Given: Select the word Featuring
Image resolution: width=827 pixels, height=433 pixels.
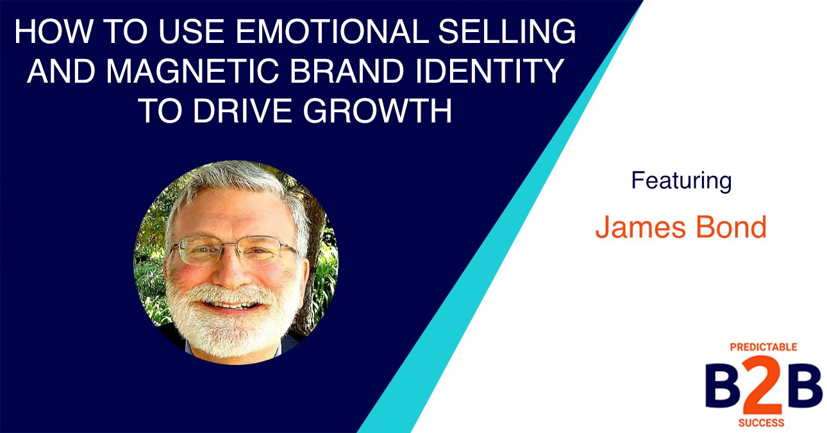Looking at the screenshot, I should click(x=681, y=182).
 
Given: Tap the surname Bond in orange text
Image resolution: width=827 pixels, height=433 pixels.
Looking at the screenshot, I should click(x=737, y=228).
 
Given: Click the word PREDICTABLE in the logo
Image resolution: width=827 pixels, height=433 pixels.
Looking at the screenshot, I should click(x=763, y=347).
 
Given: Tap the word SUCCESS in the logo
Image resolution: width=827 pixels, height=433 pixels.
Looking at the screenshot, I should click(x=763, y=423).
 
